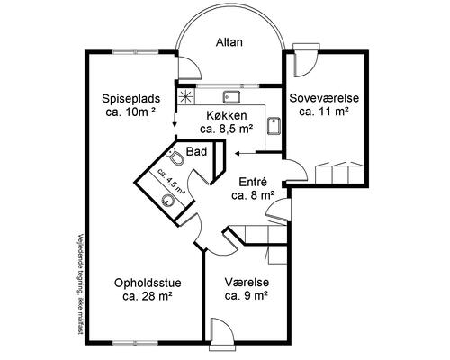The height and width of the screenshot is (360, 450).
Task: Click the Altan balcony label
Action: (x=229, y=42)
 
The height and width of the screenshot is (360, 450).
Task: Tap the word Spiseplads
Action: (x=131, y=98)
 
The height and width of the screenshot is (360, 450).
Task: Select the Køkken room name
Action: (x=227, y=115)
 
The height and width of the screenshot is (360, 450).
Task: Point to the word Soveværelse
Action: (x=324, y=98)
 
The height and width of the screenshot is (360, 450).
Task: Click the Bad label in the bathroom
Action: (x=197, y=151)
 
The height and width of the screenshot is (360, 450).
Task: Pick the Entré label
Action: (x=253, y=182)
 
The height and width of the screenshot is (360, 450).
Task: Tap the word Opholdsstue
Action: (x=148, y=283)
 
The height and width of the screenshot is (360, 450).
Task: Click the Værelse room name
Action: (x=247, y=283)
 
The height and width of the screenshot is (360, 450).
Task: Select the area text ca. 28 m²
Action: (x=148, y=296)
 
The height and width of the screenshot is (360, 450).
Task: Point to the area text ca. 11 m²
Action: (x=324, y=112)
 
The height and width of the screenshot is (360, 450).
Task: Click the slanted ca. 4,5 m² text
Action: (x=171, y=181)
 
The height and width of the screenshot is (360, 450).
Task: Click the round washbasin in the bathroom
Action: (x=167, y=200)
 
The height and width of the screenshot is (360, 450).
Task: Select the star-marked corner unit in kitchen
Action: (x=186, y=95)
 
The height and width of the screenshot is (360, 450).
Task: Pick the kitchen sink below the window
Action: (x=231, y=96)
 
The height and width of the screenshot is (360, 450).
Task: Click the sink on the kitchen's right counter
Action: (x=274, y=126)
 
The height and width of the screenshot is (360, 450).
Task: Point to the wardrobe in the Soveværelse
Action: (x=340, y=173)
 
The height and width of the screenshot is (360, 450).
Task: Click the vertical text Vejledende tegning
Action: (x=79, y=284)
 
